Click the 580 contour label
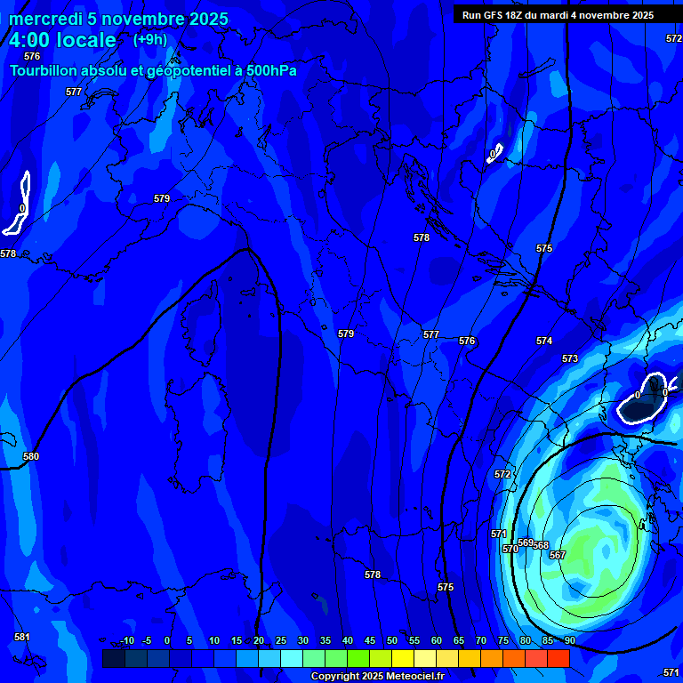pos(31,456)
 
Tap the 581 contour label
pos(22,637)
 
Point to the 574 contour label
pos(544,341)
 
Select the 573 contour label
pos(570,358)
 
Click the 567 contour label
pos(558,555)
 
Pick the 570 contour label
pos(510,549)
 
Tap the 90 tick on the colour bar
pos(569,640)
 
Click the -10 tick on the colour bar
pos(126,640)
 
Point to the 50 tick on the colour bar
pos(392,640)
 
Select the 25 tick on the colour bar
pos(281,640)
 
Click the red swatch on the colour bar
pos(558,658)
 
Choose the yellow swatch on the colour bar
pos(403,658)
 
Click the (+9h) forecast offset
pos(149,39)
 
